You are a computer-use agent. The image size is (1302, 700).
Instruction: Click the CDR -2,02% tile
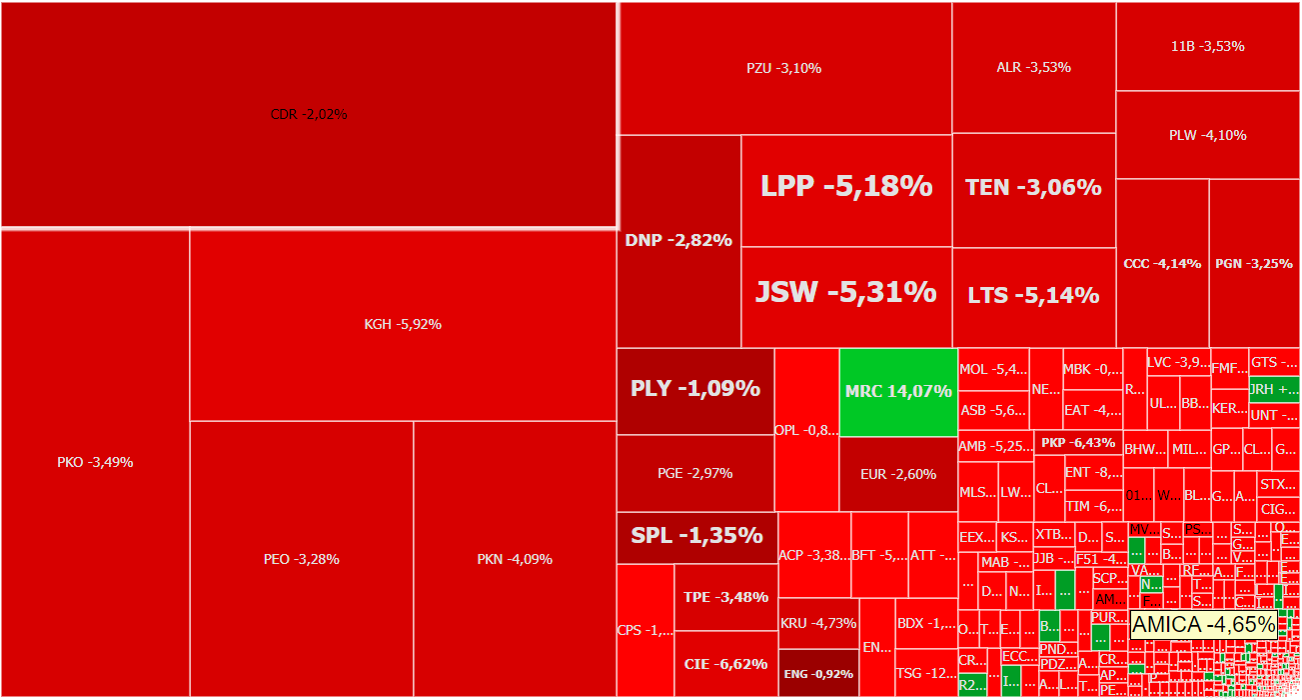308,114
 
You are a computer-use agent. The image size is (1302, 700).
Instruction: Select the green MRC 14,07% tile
898,391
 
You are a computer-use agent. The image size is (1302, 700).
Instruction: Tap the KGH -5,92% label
403,324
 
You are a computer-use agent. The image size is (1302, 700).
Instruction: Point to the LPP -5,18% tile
846,186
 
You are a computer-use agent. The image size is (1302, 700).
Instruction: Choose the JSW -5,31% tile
845,292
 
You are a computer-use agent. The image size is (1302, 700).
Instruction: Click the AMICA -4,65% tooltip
1203,625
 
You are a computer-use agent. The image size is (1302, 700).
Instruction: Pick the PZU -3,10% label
783,68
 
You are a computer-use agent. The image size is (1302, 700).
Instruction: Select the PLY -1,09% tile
694,389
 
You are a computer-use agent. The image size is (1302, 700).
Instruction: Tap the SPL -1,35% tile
696,535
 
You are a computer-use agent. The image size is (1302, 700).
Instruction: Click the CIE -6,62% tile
725,664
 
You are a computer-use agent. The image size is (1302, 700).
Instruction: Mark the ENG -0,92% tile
818,674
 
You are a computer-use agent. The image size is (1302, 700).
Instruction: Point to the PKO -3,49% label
95,462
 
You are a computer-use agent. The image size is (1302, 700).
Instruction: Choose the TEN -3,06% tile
1033,187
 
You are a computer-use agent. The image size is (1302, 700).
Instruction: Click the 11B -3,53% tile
1207,46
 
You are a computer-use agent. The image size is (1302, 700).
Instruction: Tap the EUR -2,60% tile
898,474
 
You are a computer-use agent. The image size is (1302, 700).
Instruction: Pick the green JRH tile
1274,389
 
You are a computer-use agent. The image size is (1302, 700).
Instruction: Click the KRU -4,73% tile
817,623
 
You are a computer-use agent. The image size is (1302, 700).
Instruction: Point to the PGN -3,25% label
1254,264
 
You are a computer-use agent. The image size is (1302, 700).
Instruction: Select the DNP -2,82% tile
678,240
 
